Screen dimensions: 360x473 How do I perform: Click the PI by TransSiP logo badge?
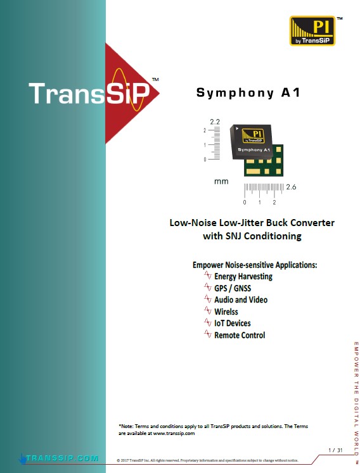tap(312, 31)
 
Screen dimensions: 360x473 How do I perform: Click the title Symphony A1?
tap(248, 92)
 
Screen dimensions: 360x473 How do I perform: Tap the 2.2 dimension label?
tap(215, 122)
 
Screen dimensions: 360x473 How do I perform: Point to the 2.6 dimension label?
tap(291, 187)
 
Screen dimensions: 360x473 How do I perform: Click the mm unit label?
tap(221, 182)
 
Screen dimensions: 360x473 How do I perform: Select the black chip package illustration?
tap(251, 141)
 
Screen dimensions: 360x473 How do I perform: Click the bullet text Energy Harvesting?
tap(243, 276)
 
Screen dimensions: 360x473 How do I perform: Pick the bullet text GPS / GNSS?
tap(233, 288)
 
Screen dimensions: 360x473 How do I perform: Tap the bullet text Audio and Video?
tap(241, 300)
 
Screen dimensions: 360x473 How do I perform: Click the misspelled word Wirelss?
tap(226, 312)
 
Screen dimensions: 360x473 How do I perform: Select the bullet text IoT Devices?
tap(232, 324)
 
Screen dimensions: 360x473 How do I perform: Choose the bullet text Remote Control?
tap(240, 335)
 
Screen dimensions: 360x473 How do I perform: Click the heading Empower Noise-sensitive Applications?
tap(255, 265)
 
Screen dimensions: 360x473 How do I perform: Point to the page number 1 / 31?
tap(335, 450)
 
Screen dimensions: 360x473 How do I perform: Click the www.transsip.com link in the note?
tap(174, 434)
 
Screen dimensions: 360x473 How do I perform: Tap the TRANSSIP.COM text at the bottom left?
tap(62, 458)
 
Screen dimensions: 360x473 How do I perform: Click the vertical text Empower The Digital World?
tap(356, 398)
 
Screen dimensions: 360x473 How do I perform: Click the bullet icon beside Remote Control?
tap(208, 334)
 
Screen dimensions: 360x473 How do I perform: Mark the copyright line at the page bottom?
tap(207, 460)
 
